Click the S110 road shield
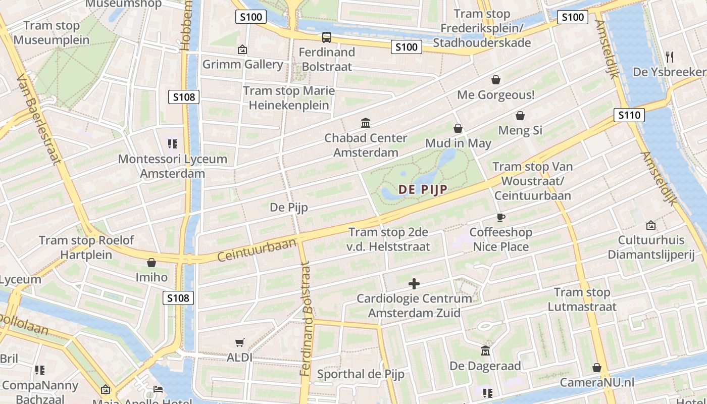(x=629, y=115)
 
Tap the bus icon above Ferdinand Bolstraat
(x=327, y=37)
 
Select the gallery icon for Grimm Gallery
(x=242, y=49)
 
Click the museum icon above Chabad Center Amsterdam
(x=366, y=123)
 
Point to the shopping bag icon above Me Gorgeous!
(x=496, y=80)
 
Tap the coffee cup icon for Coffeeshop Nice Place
(x=500, y=217)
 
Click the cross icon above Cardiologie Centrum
(x=414, y=283)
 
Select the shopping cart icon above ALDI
(x=240, y=342)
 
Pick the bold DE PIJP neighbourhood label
(x=423, y=189)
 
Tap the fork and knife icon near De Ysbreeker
(x=670, y=57)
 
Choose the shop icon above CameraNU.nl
(x=597, y=368)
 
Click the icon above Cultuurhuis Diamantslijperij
(x=651, y=225)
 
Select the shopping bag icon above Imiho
(x=151, y=262)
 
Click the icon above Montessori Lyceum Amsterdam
(x=173, y=144)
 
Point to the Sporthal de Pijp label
(x=361, y=374)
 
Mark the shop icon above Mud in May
(x=458, y=128)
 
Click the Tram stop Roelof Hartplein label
(x=76, y=247)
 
